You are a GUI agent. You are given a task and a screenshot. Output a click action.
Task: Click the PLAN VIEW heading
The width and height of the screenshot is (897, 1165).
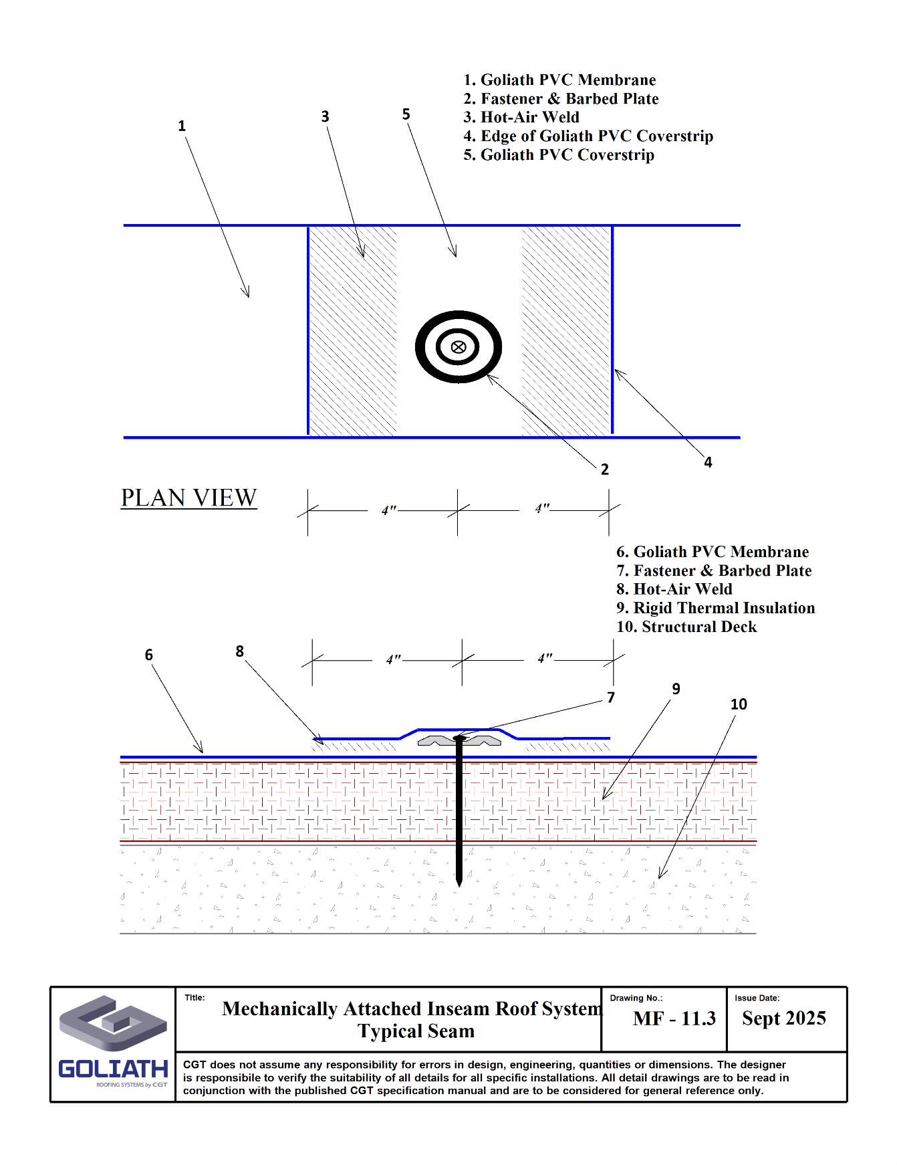tap(188, 498)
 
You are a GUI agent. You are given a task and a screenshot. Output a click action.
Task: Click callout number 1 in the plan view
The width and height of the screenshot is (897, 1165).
tap(182, 126)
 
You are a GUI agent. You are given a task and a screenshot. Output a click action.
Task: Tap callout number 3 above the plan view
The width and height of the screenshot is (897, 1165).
tap(325, 116)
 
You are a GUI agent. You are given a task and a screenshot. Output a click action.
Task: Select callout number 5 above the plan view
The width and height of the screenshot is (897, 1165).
tap(406, 114)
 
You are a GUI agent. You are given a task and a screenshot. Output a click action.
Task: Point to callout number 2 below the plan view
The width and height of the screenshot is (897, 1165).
tap(604, 469)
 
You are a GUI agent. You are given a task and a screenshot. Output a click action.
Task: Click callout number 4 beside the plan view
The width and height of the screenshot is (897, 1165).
tap(708, 462)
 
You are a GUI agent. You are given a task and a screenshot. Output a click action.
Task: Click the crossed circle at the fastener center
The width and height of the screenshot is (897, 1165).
tap(459, 346)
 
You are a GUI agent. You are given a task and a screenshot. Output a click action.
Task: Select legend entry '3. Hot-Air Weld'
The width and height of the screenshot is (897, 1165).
tap(521, 117)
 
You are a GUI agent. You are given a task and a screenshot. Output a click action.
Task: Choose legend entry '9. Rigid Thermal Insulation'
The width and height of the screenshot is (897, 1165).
tap(715, 608)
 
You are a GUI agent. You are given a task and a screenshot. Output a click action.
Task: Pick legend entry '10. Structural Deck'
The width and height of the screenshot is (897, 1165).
tap(686, 627)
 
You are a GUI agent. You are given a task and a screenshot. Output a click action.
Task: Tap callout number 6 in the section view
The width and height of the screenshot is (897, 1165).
tap(149, 655)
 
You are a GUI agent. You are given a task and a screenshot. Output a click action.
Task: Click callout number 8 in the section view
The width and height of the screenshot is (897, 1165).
tap(239, 651)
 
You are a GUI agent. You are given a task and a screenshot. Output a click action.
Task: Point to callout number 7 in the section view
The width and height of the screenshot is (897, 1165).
tap(611, 698)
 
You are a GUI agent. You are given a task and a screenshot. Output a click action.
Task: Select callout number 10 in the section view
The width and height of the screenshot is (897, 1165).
tap(739, 704)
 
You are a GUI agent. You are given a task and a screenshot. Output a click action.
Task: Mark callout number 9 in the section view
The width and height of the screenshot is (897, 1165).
tap(676, 689)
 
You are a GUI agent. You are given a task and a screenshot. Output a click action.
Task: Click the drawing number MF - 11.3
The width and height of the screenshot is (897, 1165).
tap(674, 1019)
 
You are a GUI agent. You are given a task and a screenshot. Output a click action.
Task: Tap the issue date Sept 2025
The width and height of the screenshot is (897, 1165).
tap(783, 1019)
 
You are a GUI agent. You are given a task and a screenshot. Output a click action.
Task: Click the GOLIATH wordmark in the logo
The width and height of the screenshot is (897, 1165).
tap(113, 1069)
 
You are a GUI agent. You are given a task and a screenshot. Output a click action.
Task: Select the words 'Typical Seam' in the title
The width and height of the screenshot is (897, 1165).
tap(416, 1031)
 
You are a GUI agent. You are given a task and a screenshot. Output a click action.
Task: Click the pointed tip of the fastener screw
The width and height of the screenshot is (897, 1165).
tap(459, 884)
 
